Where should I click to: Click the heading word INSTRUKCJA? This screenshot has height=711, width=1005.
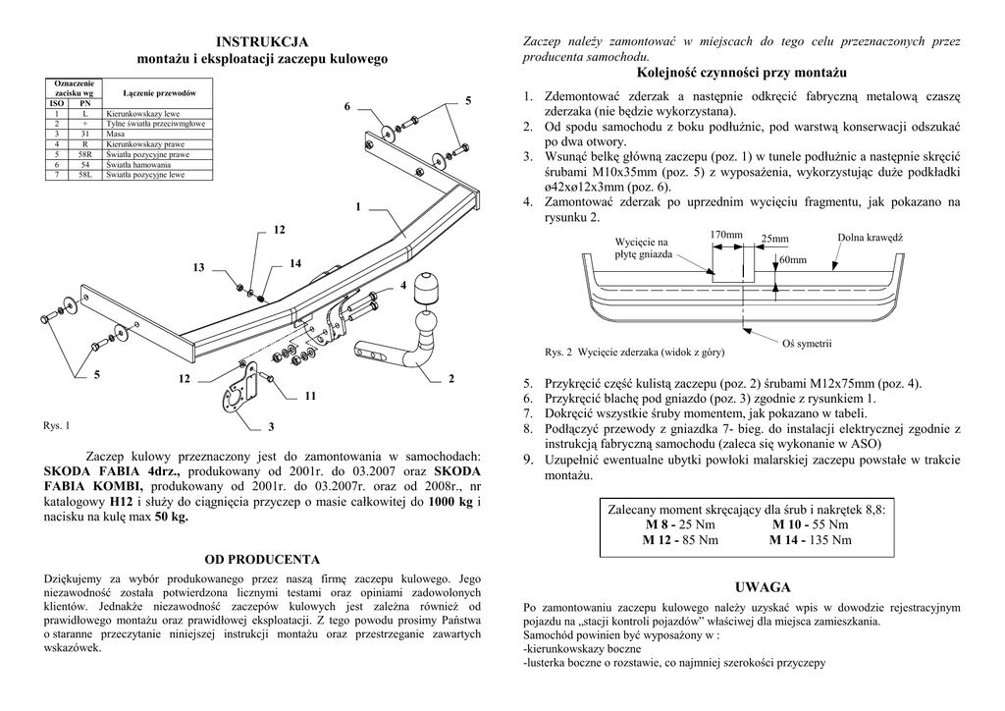point(262,41)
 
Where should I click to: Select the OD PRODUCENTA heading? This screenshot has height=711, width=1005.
point(262,559)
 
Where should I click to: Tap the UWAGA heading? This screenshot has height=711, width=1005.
point(762,587)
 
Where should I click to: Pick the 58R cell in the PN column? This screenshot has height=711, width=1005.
point(84,154)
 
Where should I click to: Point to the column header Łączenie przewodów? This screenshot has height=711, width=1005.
point(160,92)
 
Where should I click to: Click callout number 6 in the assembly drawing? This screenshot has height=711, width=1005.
point(346,105)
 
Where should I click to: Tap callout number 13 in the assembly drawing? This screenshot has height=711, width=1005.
point(198,267)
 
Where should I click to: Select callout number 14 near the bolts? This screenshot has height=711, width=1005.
point(295,263)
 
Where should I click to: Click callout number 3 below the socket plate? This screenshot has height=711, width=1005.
point(271,426)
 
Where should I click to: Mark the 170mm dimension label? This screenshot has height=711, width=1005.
point(725,235)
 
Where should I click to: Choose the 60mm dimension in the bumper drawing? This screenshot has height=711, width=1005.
point(793,260)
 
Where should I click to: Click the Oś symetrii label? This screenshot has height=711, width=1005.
point(806,343)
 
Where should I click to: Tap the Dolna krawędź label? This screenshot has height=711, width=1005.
point(870,238)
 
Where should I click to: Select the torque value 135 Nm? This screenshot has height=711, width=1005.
point(830,540)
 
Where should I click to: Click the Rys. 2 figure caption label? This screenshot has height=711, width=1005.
point(558,352)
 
